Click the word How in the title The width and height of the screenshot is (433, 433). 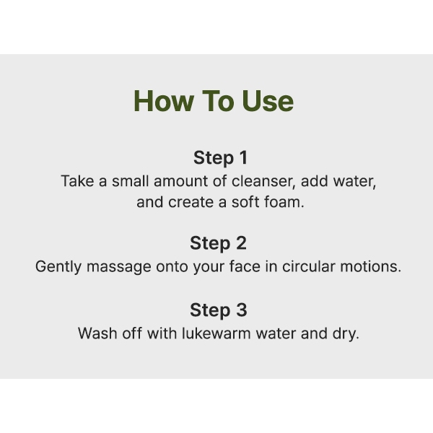[x=164, y=101]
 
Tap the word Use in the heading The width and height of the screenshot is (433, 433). [x=268, y=101]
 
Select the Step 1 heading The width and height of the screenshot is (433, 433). [x=220, y=158]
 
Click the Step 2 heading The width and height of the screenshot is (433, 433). [x=218, y=243]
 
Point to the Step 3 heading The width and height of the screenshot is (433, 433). [x=219, y=310]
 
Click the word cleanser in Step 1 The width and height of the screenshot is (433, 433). [x=263, y=181]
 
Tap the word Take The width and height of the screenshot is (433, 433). [x=77, y=181]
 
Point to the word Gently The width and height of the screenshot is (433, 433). [x=58, y=267]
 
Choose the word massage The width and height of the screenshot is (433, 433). [x=119, y=268]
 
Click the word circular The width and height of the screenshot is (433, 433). [x=308, y=266]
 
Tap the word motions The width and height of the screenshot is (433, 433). [x=371, y=266]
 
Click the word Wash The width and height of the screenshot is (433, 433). [x=97, y=333]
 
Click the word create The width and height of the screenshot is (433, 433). [x=191, y=202]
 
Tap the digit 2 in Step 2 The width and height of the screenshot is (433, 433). [x=241, y=243]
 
